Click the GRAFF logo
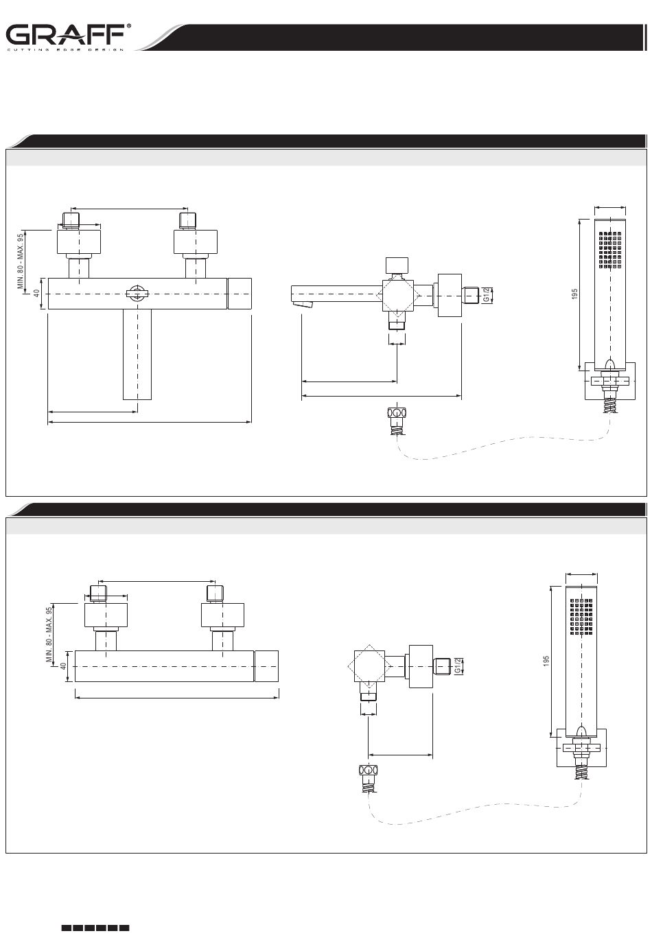point(66,34)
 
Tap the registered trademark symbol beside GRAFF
point(130,27)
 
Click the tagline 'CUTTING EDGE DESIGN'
point(66,49)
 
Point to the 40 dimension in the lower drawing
point(63,666)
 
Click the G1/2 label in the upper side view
point(487,294)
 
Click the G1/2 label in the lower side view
point(458,666)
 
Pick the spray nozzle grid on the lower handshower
point(582,615)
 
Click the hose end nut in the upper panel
point(397,414)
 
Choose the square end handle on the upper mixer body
point(240,294)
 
